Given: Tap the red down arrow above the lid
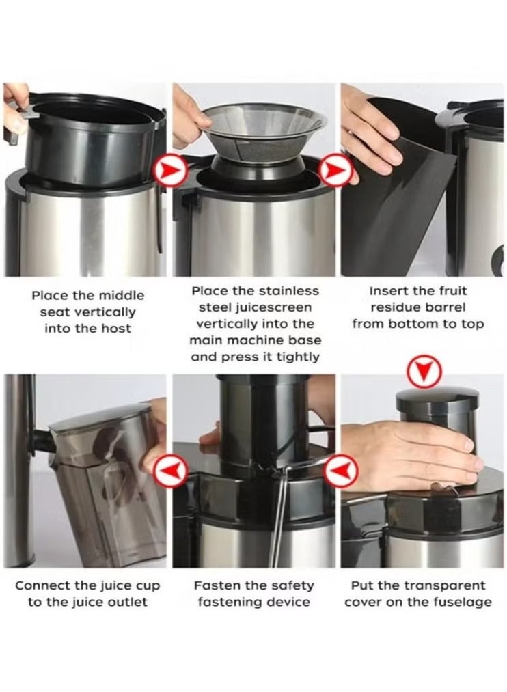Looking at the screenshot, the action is pyautogui.click(x=424, y=372).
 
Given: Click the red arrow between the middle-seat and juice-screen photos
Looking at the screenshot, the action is pyautogui.click(x=170, y=169).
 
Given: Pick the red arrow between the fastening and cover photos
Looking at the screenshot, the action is pyautogui.click(x=340, y=471).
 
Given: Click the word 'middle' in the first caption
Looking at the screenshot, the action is pyautogui.click(x=121, y=295).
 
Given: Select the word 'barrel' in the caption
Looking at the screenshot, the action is pyautogui.click(x=446, y=307).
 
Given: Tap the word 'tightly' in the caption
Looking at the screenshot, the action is pyautogui.click(x=298, y=357).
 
